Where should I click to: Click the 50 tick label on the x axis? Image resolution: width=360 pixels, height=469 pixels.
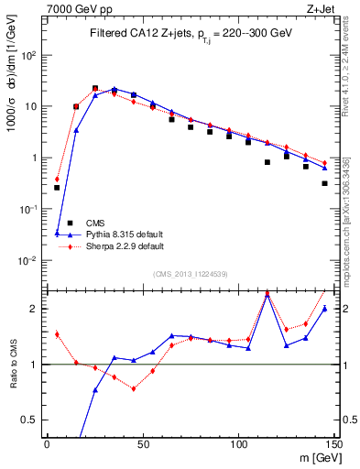click(143, 444)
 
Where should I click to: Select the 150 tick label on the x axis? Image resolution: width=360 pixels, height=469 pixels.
click(333, 444)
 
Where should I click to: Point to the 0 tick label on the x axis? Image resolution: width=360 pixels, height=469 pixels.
click(47, 444)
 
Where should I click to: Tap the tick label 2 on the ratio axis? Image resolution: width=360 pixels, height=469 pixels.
click(35, 309)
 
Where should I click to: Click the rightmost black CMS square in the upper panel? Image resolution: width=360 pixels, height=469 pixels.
click(325, 183)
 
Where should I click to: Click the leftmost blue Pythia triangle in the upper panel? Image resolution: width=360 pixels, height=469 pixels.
click(57, 234)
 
